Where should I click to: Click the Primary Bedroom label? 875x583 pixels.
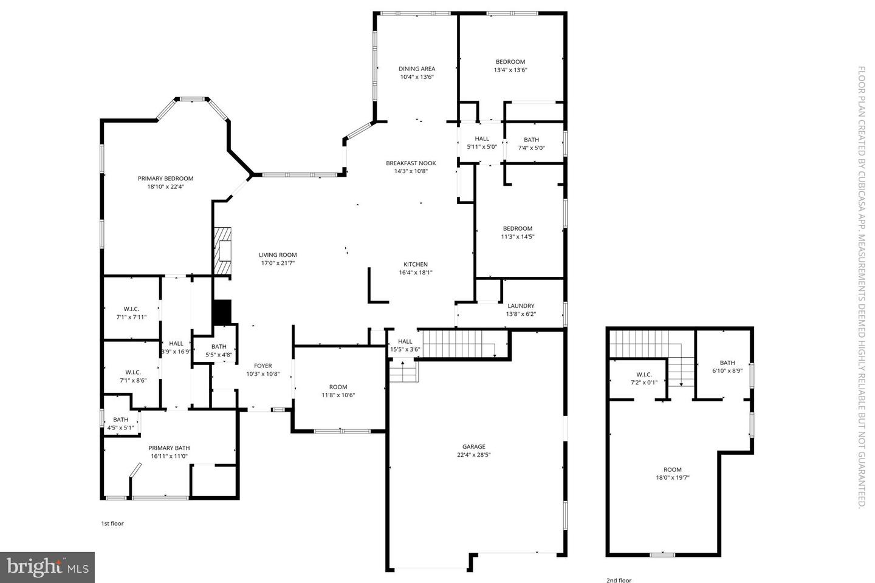click(x=165, y=179)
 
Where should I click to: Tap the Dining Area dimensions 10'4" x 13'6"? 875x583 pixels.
click(x=416, y=77)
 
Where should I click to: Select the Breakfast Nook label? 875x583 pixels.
click(x=411, y=163)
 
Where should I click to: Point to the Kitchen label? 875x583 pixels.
click(x=416, y=264)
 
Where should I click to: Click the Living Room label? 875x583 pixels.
click(x=278, y=255)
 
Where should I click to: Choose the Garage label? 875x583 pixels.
click(x=473, y=446)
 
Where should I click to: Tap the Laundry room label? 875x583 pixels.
click(x=521, y=305)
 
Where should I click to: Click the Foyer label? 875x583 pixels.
click(x=262, y=366)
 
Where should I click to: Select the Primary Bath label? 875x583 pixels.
click(x=169, y=448)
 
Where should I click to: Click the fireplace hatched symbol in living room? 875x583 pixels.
click(x=222, y=251)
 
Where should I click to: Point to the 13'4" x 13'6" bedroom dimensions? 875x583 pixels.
click(x=510, y=70)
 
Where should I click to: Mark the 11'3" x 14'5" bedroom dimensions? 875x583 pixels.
click(x=517, y=237)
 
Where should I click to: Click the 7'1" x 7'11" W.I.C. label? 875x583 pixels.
click(x=131, y=309)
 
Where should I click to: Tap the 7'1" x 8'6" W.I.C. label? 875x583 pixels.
click(x=133, y=372)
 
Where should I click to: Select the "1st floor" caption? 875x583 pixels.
click(x=112, y=523)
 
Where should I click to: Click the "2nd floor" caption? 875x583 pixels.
click(x=619, y=581)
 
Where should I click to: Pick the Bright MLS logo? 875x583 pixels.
click(x=47, y=567)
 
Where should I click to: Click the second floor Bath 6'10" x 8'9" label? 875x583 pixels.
click(x=727, y=363)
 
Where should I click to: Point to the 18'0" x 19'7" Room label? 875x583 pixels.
click(x=672, y=469)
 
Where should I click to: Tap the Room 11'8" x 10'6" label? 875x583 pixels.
click(x=338, y=387)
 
